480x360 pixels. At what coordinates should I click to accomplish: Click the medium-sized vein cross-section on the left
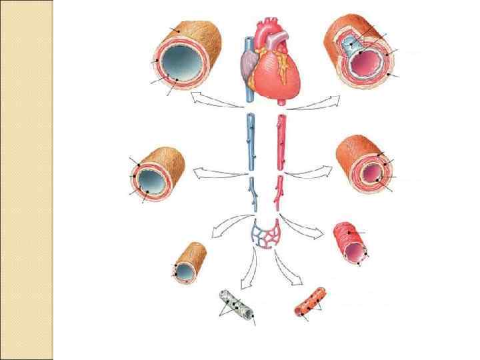(157, 174)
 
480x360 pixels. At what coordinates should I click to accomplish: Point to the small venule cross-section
(189, 263)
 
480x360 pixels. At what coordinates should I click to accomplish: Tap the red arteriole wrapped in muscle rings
(351, 243)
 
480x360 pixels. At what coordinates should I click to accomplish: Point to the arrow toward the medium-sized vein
(217, 174)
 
